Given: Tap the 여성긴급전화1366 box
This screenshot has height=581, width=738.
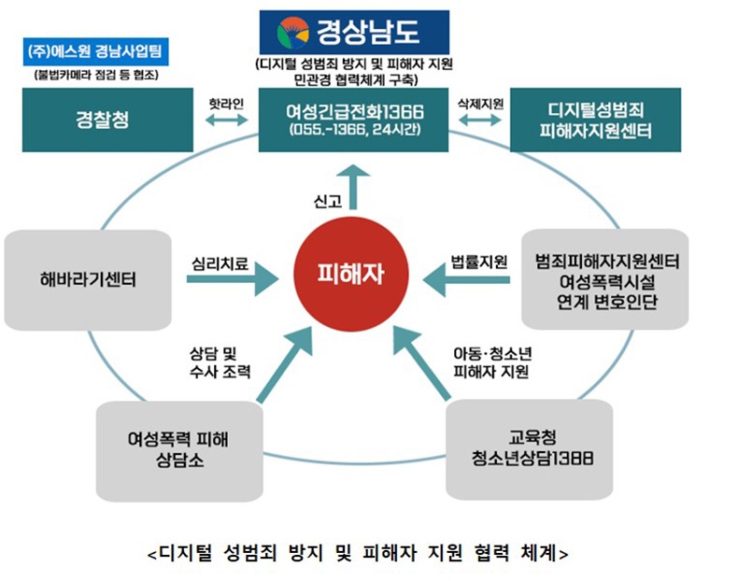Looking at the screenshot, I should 354,120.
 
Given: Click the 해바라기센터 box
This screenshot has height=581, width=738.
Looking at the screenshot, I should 89,277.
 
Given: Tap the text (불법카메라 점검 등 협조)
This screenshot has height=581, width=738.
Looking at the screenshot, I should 93,74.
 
